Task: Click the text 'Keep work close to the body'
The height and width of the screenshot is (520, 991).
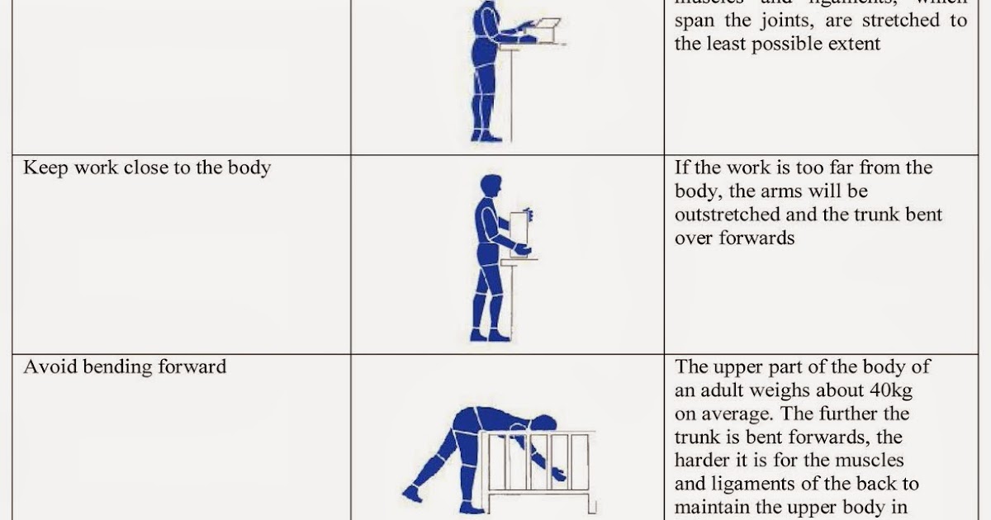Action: pos(147,168)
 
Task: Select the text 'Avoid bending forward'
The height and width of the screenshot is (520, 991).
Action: pos(125,366)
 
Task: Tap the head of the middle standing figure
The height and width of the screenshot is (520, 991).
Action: pos(490,187)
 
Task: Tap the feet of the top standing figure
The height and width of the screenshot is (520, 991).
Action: pos(486,135)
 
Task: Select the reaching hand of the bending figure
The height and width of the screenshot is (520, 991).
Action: pos(559,474)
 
